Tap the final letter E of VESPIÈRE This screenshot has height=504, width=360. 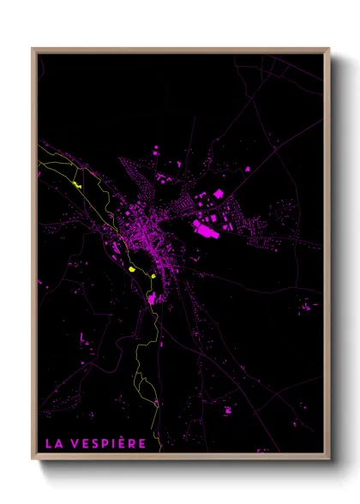[141, 443]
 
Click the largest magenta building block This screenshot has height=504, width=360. [207, 227]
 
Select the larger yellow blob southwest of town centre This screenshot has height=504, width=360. [132, 270]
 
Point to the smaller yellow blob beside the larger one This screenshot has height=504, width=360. [150, 276]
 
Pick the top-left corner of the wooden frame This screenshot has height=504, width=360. [33, 49]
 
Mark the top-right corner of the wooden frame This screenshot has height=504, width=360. [328, 49]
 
